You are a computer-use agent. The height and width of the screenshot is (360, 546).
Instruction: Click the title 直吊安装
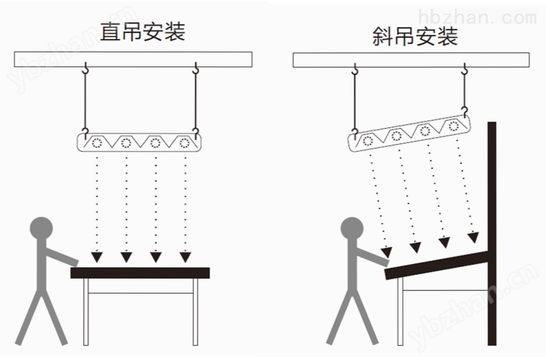click(143, 32)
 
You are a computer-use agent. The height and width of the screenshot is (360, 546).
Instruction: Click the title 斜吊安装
click(415, 36)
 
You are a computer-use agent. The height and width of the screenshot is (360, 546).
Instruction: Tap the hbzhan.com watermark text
click(477, 17)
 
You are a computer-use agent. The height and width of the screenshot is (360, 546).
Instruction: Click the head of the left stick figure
click(42, 228)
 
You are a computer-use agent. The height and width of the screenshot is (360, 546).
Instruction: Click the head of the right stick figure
click(352, 228)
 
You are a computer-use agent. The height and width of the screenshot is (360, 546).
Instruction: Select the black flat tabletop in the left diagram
click(140, 273)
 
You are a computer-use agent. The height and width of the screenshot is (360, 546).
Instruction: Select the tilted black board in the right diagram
click(437, 265)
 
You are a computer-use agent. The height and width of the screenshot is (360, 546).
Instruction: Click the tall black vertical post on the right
click(491, 233)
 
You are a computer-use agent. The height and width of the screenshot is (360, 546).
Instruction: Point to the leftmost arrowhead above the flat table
click(97, 257)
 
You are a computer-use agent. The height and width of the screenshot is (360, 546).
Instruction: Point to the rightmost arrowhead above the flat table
click(186, 257)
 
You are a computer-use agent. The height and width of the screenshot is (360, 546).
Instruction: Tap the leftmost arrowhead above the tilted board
click(386, 252)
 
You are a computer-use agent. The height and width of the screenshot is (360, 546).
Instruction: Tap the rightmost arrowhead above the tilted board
click(473, 238)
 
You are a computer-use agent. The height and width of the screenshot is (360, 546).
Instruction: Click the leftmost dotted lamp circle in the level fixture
click(96, 143)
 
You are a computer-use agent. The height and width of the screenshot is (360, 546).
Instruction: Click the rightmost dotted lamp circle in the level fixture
click(184, 143)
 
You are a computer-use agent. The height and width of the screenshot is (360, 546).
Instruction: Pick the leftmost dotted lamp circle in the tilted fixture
click(368, 141)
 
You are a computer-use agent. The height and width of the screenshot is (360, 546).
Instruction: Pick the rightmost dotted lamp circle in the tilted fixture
click(453, 126)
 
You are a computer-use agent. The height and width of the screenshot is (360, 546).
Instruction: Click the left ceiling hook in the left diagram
click(86, 68)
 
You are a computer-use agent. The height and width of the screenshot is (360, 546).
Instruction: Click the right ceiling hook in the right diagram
click(464, 69)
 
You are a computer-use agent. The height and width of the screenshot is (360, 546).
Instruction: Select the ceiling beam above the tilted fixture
click(411, 60)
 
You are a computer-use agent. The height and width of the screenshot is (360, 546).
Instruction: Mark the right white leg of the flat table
click(195, 312)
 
